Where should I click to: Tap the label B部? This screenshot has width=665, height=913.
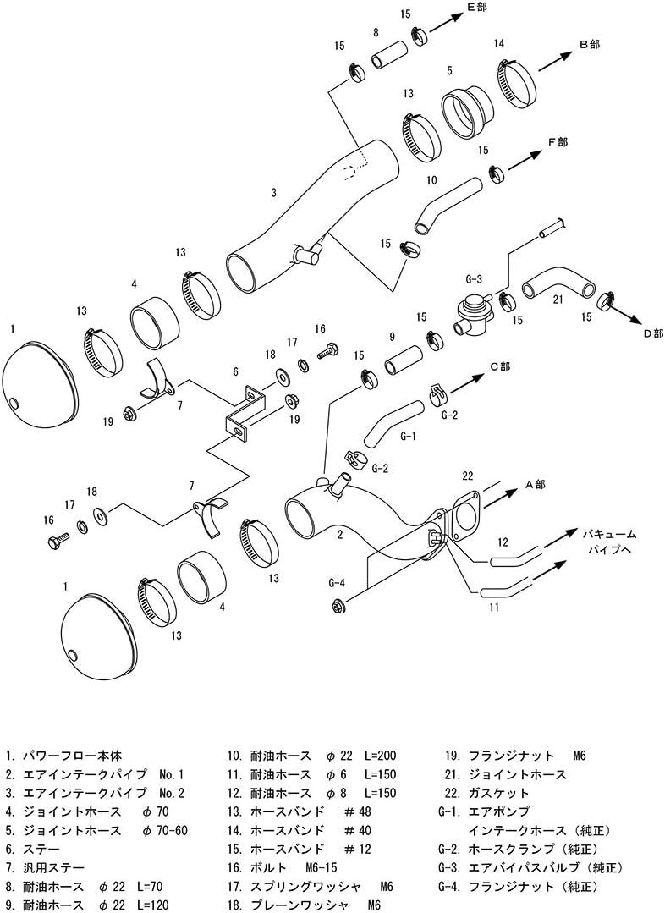coord(589,45)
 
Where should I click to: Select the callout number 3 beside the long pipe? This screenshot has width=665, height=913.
coord(273,193)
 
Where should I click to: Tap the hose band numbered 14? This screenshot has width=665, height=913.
coord(517,81)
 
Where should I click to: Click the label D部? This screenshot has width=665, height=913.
coord(652,333)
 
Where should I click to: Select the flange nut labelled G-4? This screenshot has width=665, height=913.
coord(338,606)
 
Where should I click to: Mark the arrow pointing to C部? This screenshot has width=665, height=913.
coord(468,381)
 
